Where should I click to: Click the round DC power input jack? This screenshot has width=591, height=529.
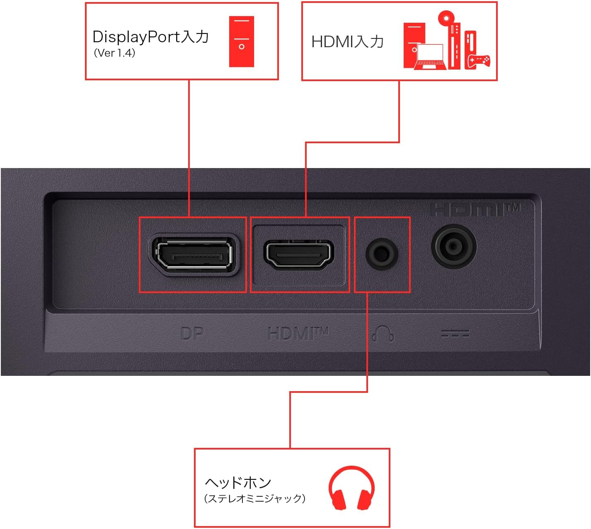click(453, 246)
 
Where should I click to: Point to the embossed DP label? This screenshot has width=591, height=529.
click(192, 334)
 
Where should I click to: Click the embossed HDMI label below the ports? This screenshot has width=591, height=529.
click(298, 333)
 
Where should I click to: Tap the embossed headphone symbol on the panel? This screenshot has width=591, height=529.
click(383, 333)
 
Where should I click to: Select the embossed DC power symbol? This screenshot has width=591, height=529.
click(455, 334)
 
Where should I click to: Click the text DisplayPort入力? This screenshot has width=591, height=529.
click(150, 37)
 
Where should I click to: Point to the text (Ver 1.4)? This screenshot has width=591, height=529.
click(114, 53)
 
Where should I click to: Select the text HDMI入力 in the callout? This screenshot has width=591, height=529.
click(347, 42)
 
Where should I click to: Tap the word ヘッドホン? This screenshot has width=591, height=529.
click(238, 483)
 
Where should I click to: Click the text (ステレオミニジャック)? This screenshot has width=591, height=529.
click(254, 498)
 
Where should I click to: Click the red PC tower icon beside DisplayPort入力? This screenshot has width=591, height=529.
click(242, 42)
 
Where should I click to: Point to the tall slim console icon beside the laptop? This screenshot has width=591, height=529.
click(454, 46)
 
